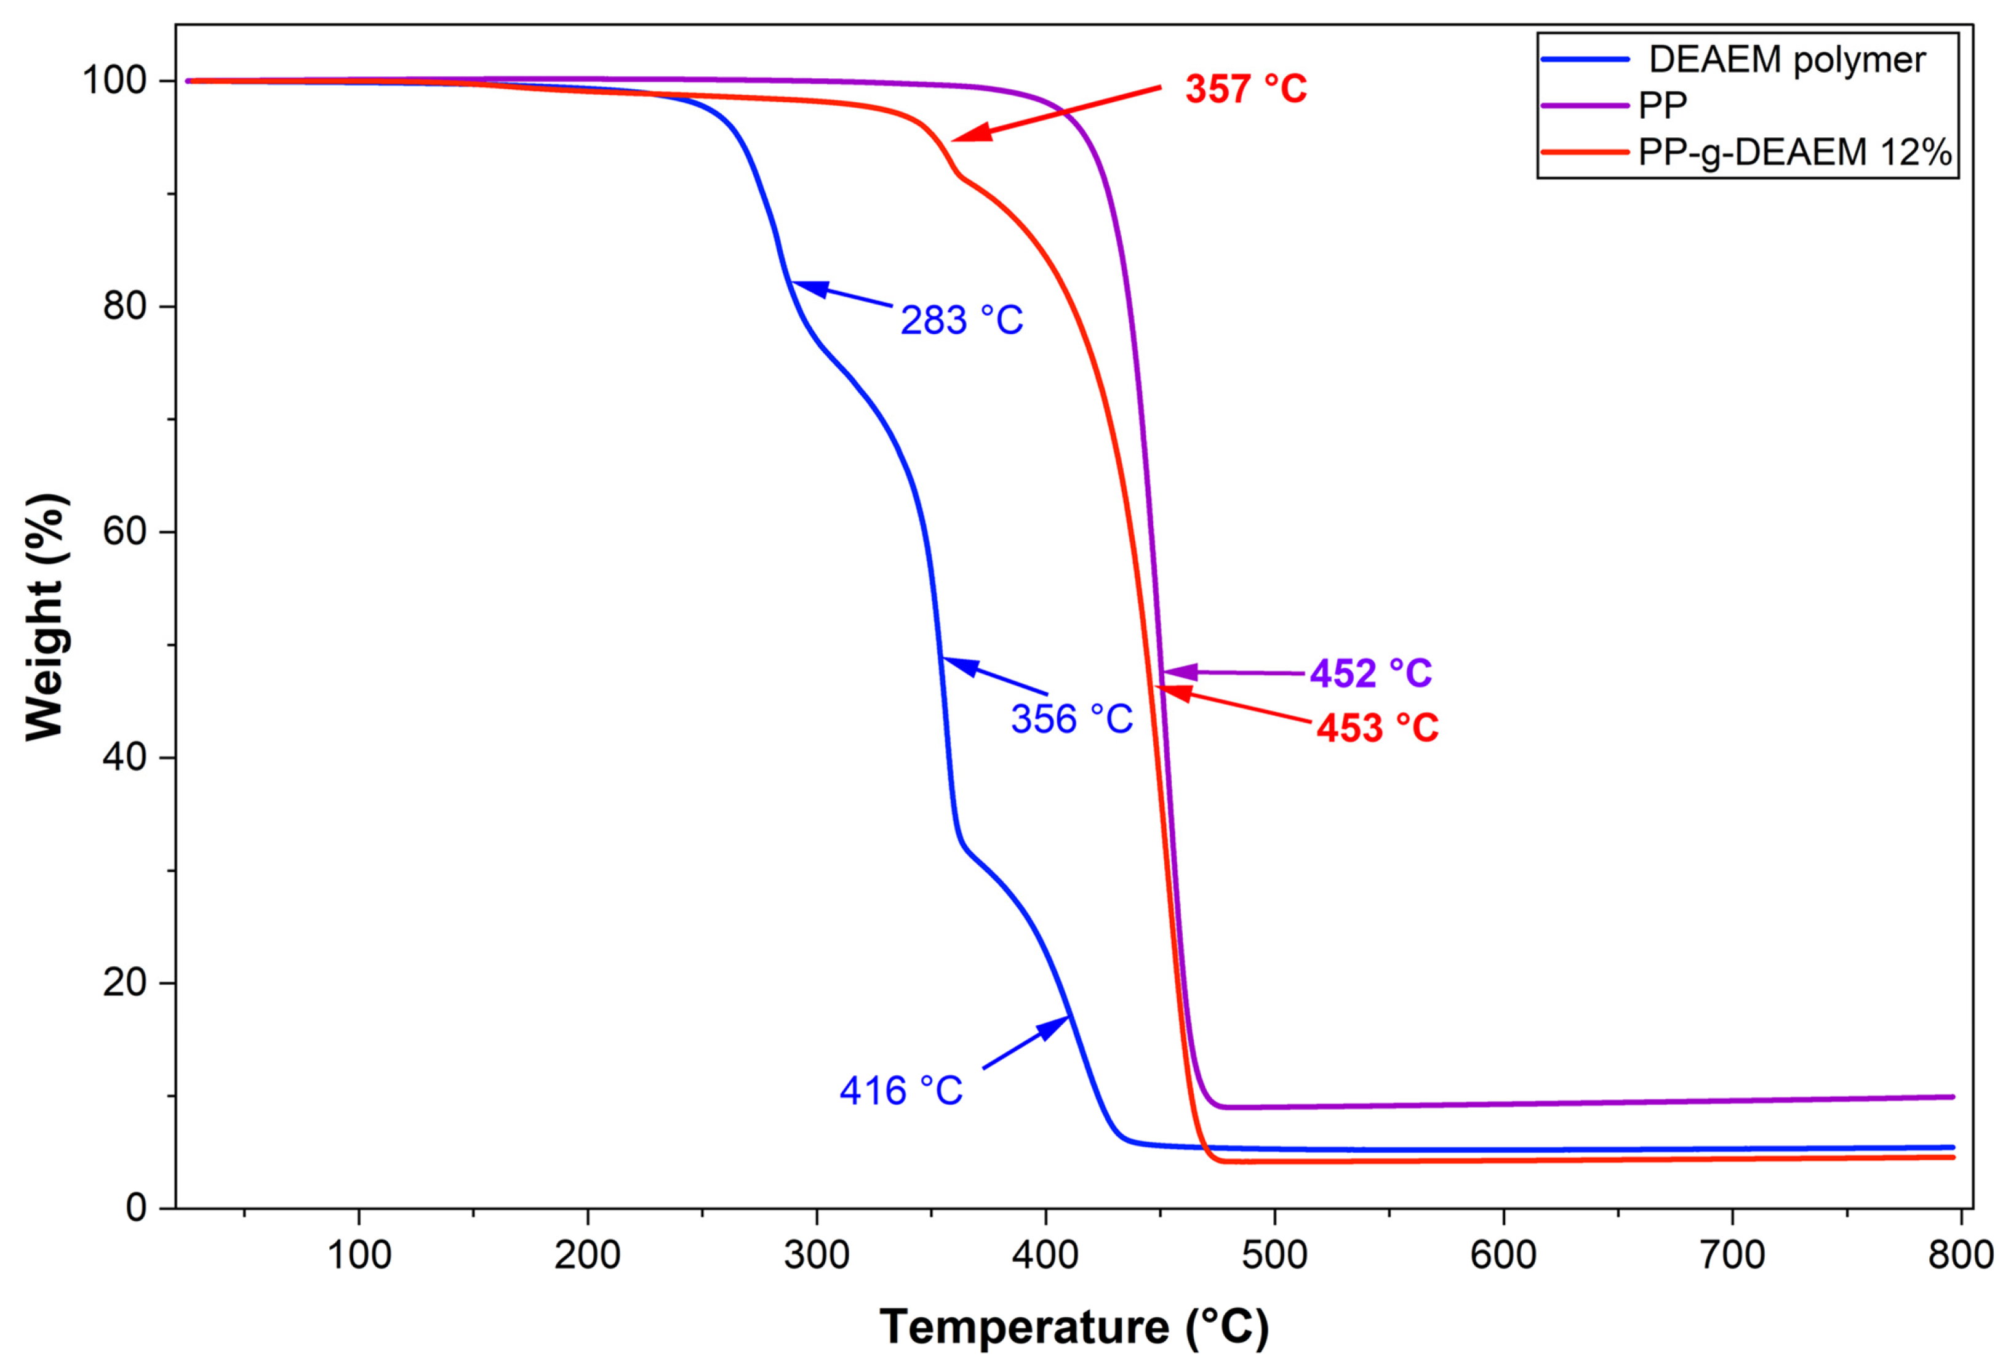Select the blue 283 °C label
[961, 321]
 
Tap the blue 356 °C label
[1071, 719]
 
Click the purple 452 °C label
[1370, 673]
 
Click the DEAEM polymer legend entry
[1786, 60]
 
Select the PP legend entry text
[1661, 105]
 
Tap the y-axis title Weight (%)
[45, 616]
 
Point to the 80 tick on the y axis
[124, 306]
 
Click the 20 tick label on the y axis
[124, 982]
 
